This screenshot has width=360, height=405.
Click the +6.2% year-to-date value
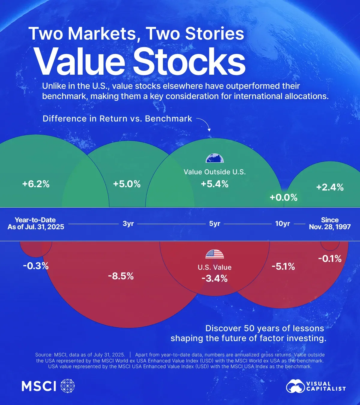36,184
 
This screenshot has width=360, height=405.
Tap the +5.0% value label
127,184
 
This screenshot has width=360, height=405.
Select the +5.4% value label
214,184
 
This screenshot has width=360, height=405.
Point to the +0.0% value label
283,197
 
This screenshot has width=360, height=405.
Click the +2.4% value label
330,187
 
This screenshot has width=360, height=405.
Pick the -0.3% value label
36,266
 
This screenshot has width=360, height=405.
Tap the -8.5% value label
121,276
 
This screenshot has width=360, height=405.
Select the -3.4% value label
214,278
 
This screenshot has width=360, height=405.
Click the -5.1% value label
283,266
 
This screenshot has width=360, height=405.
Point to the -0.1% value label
330,259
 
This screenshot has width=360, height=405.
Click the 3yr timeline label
128,224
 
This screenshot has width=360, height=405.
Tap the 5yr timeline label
214,224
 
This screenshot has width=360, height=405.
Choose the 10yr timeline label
283,224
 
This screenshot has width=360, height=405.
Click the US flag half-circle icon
214,254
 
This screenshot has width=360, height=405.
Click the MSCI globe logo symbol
67,385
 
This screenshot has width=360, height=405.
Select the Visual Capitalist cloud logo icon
295,386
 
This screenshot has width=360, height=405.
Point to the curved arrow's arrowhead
209,130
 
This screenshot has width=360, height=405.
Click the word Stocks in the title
189,61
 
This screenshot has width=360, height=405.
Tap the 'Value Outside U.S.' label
214,172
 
